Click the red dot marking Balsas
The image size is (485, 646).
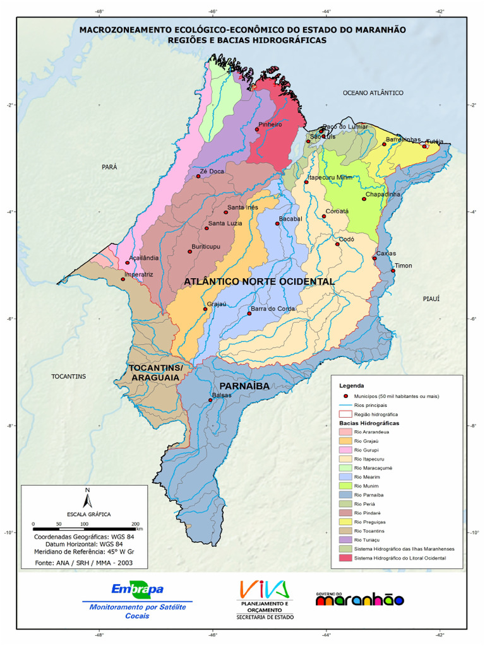(211, 400)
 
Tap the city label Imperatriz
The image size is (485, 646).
(139, 274)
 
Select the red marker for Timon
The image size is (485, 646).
(393, 271)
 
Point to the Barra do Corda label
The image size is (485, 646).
(273, 308)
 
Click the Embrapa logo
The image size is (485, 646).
(137, 590)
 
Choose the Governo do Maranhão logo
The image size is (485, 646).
(359, 598)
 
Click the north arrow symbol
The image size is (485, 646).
(88, 498)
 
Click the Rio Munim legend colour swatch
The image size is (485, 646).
(345, 486)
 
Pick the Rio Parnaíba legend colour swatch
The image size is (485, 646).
(345, 495)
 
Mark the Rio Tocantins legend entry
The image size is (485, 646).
(369, 531)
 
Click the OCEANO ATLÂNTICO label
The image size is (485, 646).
(373, 93)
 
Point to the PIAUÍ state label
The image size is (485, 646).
(431, 298)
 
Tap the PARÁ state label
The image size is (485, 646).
(109, 167)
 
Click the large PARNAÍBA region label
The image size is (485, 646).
(244, 385)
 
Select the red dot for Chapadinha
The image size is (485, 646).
(364, 199)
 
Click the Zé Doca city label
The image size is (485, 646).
(212, 171)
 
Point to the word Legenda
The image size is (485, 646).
(352, 385)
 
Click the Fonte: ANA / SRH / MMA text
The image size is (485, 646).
(83, 562)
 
